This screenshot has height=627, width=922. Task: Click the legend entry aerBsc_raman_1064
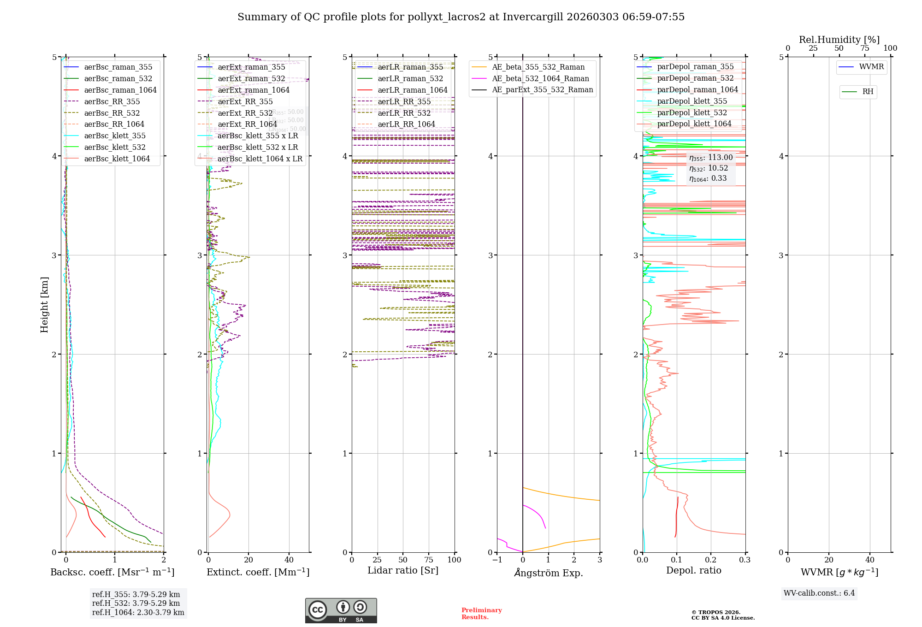(x=120, y=90)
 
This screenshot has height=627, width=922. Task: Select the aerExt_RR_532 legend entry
(x=245, y=113)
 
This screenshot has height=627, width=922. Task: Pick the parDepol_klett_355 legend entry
(x=691, y=101)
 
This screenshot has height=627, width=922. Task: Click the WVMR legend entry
(x=871, y=67)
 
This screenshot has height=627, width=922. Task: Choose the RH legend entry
(x=867, y=92)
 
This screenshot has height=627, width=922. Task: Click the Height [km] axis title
(x=44, y=305)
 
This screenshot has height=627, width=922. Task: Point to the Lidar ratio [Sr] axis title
(x=402, y=570)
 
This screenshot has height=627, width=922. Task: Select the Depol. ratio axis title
(x=693, y=570)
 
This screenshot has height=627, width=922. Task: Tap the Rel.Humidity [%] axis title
(x=839, y=40)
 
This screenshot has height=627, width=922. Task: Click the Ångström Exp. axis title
(x=548, y=573)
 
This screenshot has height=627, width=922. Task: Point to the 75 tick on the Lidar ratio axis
(x=429, y=560)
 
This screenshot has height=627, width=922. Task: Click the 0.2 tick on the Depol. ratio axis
(x=711, y=560)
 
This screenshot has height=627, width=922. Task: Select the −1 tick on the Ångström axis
(x=496, y=560)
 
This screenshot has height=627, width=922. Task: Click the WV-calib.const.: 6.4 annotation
(x=819, y=593)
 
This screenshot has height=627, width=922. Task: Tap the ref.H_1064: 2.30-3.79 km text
(x=138, y=612)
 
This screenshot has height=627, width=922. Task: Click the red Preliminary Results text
(x=481, y=613)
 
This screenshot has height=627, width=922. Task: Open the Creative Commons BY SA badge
(x=341, y=610)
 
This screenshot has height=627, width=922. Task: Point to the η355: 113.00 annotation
(x=710, y=158)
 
